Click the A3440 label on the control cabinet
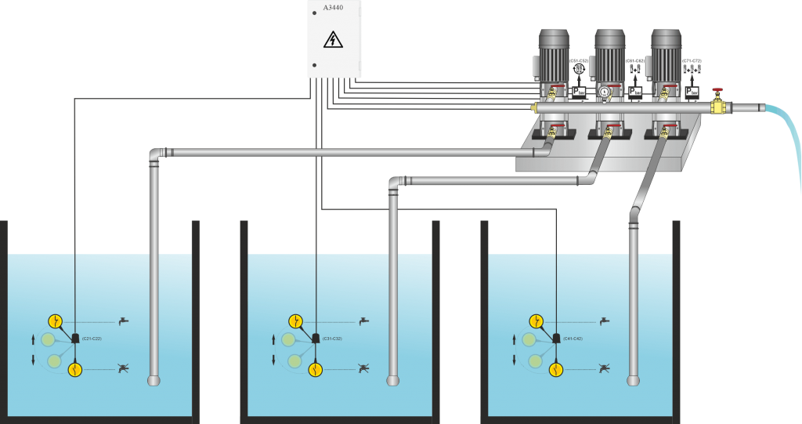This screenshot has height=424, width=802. pyautogui.click(x=333, y=8)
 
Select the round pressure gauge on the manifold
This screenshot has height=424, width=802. pyautogui.click(x=605, y=92)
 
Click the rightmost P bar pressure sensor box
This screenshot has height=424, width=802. pyautogui.click(x=692, y=92)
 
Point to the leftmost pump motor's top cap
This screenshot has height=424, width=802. pyautogui.click(x=554, y=36)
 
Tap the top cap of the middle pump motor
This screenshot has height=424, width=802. pyautogui.click(x=610, y=36)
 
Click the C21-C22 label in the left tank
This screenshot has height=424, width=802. pyautogui.click(x=92, y=339)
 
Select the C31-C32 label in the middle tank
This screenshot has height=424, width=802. pyautogui.click(x=332, y=339)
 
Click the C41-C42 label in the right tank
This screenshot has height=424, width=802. pyautogui.click(x=573, y=339)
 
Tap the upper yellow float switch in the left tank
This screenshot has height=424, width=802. pyautogui.click(x=56, y=321)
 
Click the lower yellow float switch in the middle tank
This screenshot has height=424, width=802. pyautogui.click(x=315, y=368)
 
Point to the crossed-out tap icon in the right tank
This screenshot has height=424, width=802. pyautogui.click(x=604, y=367)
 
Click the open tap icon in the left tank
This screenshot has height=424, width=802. pyautogui.click(x=123, y=321)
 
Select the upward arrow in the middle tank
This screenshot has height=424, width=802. pyautogui.click(x=273, y=339)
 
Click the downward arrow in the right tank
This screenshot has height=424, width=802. pyautogui.click(x=514, y=360)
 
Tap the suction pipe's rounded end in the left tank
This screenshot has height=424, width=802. pyautogui.click(x=154, y=381)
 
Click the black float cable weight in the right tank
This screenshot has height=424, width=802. pyautogui.click(x=556, y=339)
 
